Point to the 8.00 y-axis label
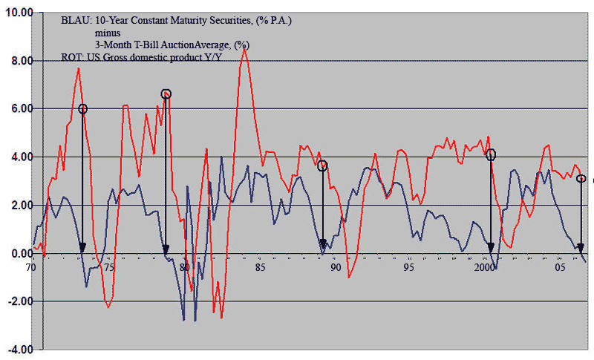tap(21, 61)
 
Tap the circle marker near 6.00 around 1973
tap(82, 108)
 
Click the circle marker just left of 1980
tap(166, 94)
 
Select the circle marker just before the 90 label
tap(322, 166)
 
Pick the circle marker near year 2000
tap(491, 154)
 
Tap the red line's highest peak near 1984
tap(244, 49)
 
